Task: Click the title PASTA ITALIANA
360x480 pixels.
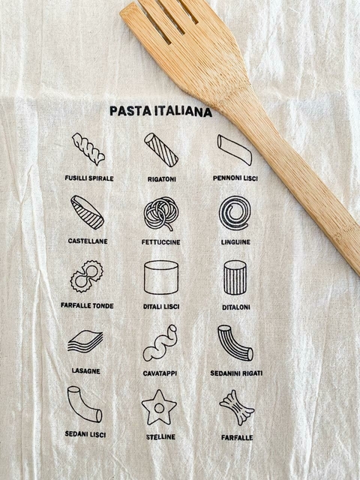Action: (x=160, y=112)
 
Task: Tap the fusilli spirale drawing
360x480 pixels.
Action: (x=88, y=148)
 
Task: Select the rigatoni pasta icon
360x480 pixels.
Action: (x=161, y=149)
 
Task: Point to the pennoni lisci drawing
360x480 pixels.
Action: (x=234, y=149)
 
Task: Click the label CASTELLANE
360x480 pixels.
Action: (x=88, y=241)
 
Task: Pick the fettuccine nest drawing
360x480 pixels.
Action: (x=160, y=214)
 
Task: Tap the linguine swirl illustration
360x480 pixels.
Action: (x=235, y=213)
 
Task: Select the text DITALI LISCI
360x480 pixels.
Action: (x=160, y=306)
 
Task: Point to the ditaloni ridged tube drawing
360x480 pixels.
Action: (x=235, y=277)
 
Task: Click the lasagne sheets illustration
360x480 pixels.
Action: (x=85, y=342)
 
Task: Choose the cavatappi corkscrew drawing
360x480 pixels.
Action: (x=160, y=343)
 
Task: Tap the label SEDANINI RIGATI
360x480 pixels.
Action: (x=236, y=373)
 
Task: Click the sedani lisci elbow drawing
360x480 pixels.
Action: (x=84, y=404)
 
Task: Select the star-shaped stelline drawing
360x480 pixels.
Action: (x=159, y=407)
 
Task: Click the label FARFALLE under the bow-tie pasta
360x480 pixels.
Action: (x=236, y=437)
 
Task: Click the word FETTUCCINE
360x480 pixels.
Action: (x=160, y=242)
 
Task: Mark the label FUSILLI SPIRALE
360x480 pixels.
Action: (x=89, y=178)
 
